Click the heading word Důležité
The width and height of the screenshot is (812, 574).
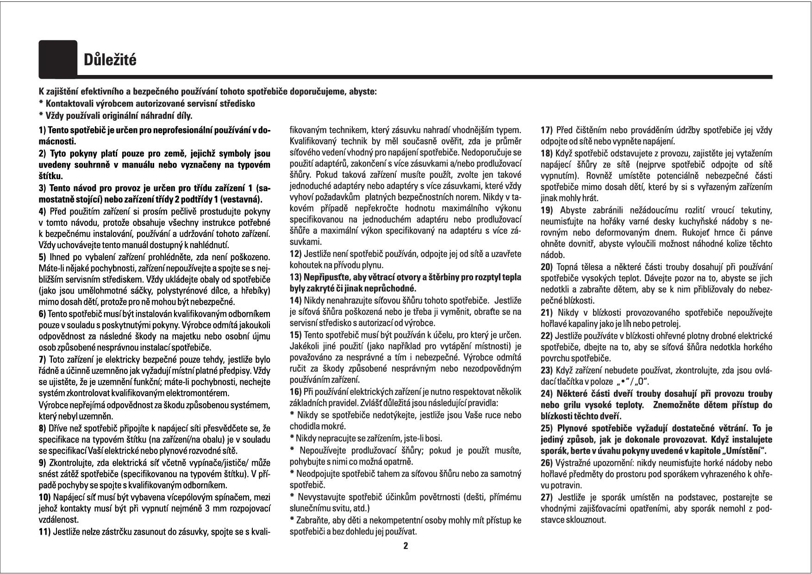[x=110, y=60]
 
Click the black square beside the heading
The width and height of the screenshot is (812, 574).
[x=58, y=59]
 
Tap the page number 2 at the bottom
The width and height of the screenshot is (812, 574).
[x=406, y=546]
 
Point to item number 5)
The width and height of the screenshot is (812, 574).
[x=43, y=257]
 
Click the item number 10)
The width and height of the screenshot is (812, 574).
[x=45, y=498]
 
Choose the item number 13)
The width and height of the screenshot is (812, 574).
[x=295, y=277]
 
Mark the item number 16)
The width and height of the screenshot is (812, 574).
[x=295, y=392]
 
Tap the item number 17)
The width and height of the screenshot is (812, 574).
[x=547, y=130]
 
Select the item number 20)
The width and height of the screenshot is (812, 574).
[x=547, y=267]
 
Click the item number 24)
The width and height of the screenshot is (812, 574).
[x=547, y=394]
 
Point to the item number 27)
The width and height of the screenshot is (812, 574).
[x=547, y=498]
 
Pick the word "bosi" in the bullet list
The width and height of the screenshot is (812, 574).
[x=434, y=438]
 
